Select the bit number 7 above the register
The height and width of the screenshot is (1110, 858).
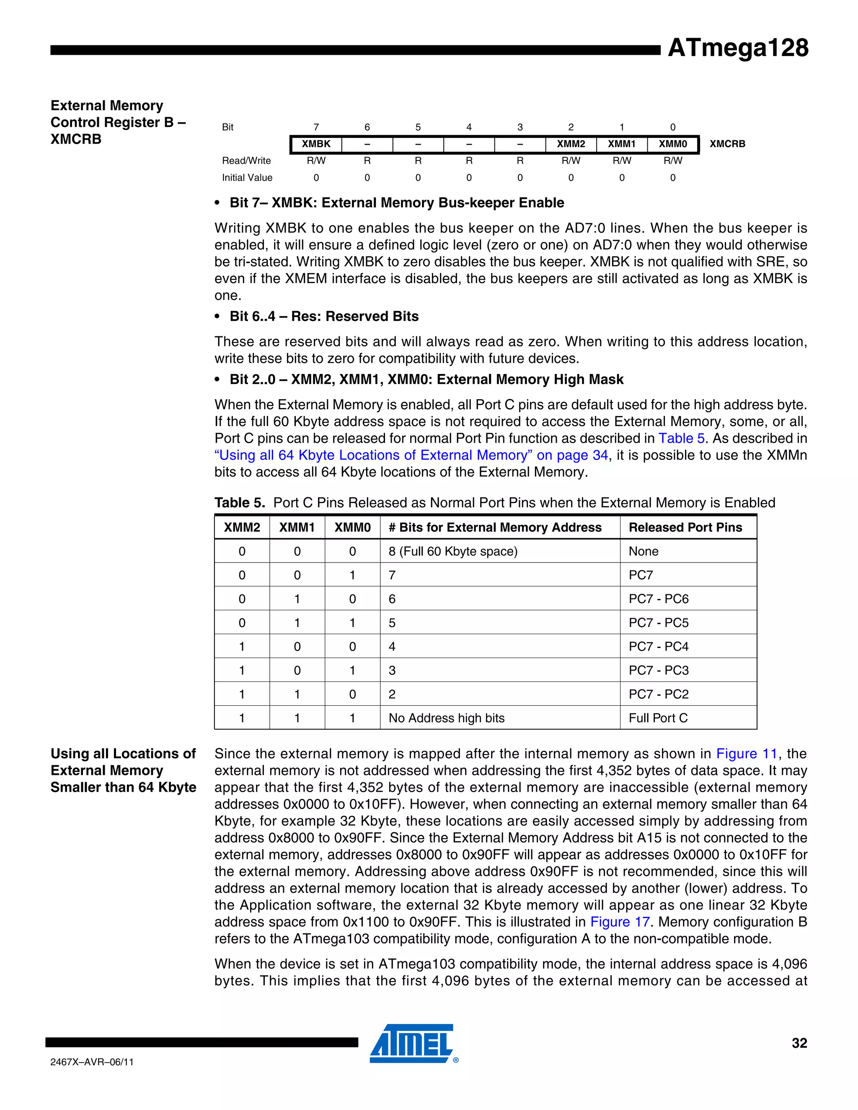point(316,127)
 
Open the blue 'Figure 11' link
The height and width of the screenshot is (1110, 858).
point(746,754)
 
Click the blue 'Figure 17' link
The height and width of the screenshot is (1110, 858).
point(620,922)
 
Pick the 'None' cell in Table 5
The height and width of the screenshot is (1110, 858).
point(643,552)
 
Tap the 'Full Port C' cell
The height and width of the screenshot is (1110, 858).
point(658,718)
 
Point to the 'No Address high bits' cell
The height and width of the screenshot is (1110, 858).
point(446,718)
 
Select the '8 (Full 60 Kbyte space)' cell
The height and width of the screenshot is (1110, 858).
point(453,552)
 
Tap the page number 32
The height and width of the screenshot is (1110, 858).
point(799,1043)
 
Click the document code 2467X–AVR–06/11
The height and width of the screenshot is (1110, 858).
point(92,1062)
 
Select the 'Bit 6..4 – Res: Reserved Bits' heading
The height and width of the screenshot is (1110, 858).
point(324,317)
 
